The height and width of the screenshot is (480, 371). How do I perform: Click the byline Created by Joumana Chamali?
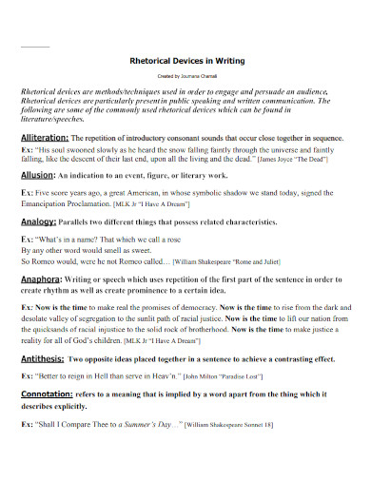click(x=186, y=75)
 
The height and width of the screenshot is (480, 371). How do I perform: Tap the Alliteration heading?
click(x=47, y=138)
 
